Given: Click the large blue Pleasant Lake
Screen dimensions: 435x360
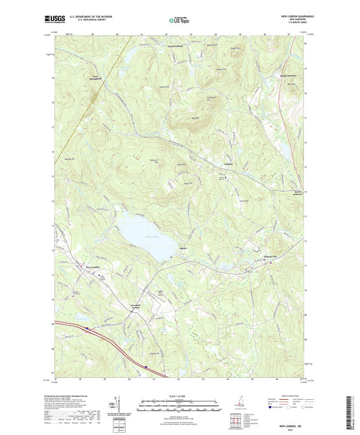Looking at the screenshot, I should click(x=143, y=236).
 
